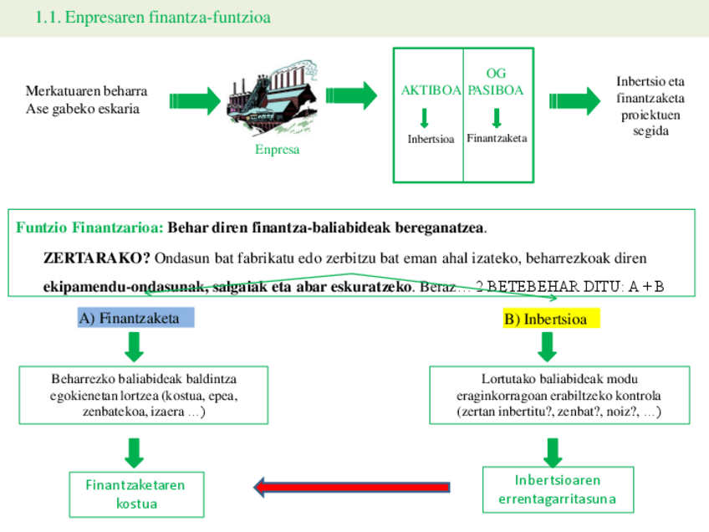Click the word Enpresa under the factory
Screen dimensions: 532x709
tap(278, 150)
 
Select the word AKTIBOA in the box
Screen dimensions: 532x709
tap(431, 90)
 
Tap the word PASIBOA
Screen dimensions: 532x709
tap(496, 90)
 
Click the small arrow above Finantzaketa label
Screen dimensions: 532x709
tap(497, 118)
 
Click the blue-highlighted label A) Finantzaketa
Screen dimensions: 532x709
tap(135, 318)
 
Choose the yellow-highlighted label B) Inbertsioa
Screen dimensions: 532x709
tap(546, 319)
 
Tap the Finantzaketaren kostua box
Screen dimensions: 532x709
tap(135, 494)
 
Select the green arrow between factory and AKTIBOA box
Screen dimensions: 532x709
tap(355, 96)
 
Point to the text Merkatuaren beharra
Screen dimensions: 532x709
tap(87, 91)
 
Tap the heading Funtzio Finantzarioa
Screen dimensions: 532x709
tap(89, 228)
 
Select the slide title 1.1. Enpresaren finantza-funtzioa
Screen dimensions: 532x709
tap(153, 18)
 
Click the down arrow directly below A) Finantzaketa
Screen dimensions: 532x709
tap(135, 345)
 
